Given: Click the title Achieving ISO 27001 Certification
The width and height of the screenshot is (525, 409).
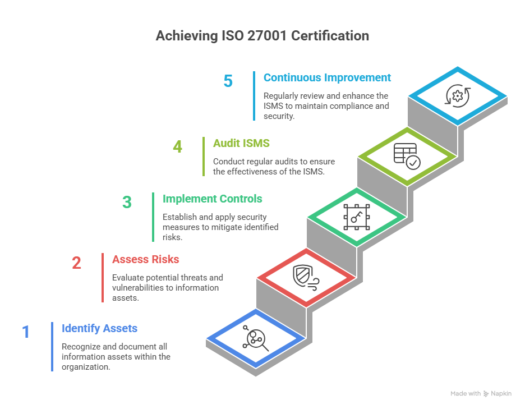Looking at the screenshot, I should (x=262, y=36).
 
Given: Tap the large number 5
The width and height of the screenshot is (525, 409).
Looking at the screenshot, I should (x=228, y=81).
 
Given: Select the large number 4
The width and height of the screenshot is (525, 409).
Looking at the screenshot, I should (x=177, y=147).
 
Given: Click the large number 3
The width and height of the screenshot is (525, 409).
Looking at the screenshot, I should (x=127, y=202).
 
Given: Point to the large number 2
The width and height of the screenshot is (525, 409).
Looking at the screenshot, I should (x=76, y=263).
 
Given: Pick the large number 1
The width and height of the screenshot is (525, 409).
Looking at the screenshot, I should (x=26, y=332).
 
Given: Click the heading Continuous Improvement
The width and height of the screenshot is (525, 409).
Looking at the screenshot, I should (x=327, y=77).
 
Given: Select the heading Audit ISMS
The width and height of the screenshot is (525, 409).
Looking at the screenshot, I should (x=241, y=143).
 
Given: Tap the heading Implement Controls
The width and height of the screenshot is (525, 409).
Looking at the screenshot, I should (x=212, y=199).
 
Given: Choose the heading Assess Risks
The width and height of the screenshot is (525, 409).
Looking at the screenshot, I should (x=145, y=259).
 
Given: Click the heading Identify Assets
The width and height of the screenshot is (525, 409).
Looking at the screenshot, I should (x=99, y=328).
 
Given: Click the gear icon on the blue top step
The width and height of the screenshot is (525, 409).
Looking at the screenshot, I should (x=458, y=95).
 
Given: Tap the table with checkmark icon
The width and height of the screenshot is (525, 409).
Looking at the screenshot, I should (x=407, y=156).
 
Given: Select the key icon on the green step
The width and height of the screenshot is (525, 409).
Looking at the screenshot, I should (x=357, y=217).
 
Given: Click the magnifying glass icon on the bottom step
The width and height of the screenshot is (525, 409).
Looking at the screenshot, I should (x=256, y=338).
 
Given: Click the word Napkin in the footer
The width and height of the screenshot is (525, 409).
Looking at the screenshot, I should (x=501, y=394).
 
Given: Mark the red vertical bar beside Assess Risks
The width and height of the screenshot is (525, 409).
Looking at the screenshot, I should (x=103, y=277).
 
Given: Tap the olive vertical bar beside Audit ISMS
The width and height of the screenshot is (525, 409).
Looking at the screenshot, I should (x=204, y=156).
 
